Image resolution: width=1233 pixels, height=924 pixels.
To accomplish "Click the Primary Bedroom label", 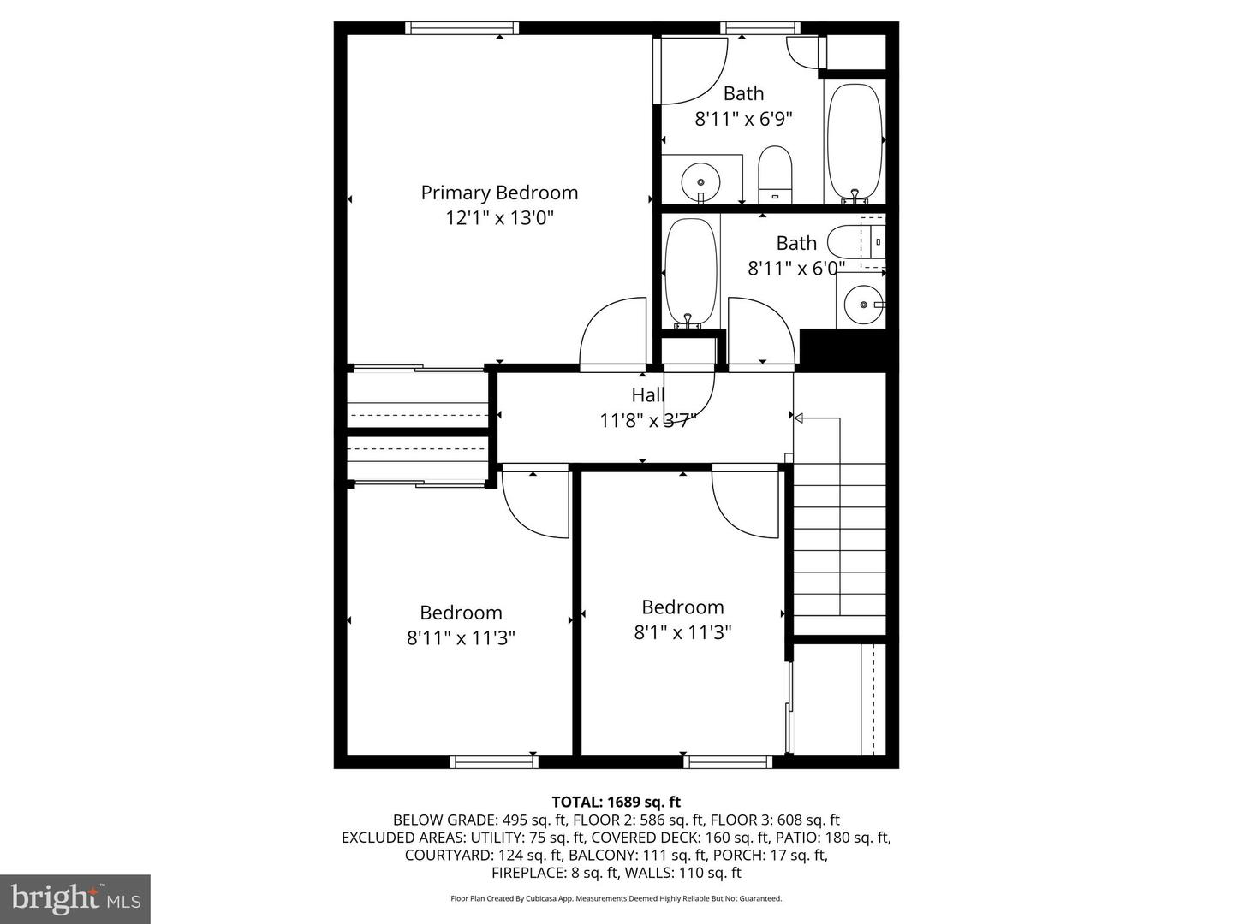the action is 499,193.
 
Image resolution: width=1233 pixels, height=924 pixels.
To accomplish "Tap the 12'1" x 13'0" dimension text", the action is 500,217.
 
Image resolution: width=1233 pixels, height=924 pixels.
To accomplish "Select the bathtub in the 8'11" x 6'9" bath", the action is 855,143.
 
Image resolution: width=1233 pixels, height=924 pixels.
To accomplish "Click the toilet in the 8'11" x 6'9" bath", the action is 775,175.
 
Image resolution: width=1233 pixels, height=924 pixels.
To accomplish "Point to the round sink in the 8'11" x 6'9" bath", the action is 700,181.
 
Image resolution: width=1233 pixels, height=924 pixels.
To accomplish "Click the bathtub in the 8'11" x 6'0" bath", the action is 690,273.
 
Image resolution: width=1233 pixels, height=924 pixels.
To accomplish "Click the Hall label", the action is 648,395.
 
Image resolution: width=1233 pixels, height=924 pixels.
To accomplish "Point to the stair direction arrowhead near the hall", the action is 798,418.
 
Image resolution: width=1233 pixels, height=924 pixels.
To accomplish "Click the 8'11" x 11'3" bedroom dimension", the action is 462,638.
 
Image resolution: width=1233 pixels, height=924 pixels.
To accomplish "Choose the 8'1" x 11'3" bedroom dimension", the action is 682,632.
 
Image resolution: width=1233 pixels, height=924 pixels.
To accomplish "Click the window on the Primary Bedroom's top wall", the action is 462,28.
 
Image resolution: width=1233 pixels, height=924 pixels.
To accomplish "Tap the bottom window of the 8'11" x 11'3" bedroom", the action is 494,761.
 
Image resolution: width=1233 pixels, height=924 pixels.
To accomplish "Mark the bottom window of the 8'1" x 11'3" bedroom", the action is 728,761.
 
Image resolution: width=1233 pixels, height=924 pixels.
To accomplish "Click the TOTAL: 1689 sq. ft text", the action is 616,802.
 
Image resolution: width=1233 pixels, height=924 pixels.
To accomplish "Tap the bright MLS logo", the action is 75,899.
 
